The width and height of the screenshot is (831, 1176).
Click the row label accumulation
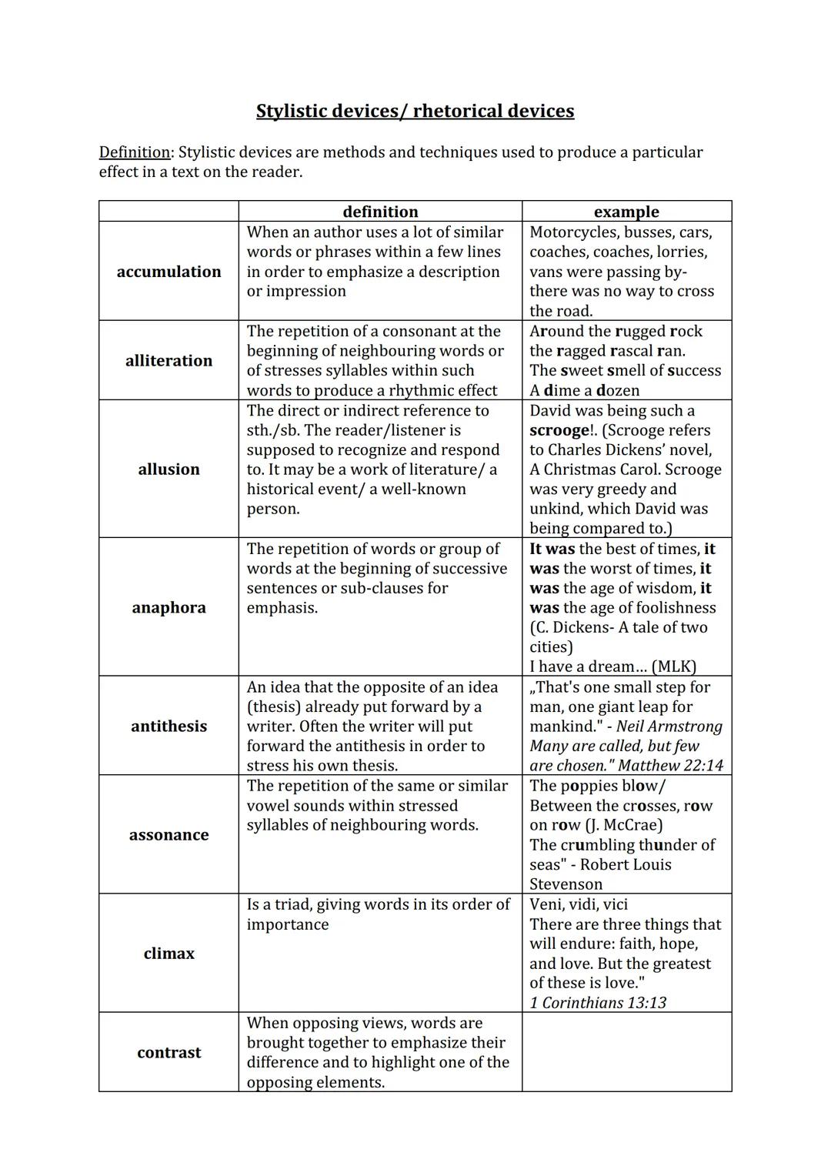(x=169, y=272)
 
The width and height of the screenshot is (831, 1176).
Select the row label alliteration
(x=169, y=360)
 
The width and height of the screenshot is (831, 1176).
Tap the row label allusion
(x=169, y=469)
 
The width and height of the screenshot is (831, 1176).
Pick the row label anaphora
(x=169, y=607)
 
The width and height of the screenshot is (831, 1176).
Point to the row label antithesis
(x=169, y=726)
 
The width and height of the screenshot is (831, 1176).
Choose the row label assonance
(x=169, y=834)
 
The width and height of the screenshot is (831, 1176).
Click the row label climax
(x=169, y=953)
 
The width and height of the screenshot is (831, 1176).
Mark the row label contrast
(x=169, y=1052)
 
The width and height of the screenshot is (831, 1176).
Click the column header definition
(x=380, y=212)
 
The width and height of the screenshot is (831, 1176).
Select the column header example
(x=626, y=212)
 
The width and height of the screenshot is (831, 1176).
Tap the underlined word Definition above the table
(x=135, y=152)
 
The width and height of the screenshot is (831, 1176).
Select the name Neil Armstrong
(x=669, y=726)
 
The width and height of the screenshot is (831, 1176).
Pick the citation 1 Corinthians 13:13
(x=598, y=1002)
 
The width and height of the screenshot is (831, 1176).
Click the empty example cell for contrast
(x=626, y=1052)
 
